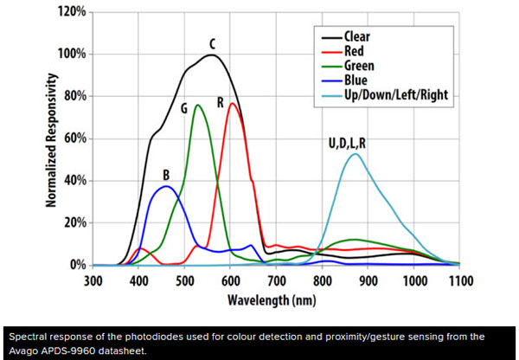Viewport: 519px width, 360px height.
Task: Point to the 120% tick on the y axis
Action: [x=67, y=12]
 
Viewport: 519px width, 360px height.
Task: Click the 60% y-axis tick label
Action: [x=71, y=138]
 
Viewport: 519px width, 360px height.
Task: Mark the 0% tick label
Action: [x=74, y=265]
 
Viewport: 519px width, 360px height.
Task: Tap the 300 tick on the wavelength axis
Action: [x=93, y=280]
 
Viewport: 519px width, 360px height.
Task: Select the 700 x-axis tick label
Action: [x=277, y=280]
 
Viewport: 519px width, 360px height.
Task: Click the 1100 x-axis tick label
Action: [x=458, y=280]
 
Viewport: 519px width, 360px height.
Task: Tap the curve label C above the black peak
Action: [x=212, y=43]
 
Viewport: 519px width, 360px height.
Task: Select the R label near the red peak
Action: [x=221, y=103]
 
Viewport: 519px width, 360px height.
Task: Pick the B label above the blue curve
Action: [x=166, y=174]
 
